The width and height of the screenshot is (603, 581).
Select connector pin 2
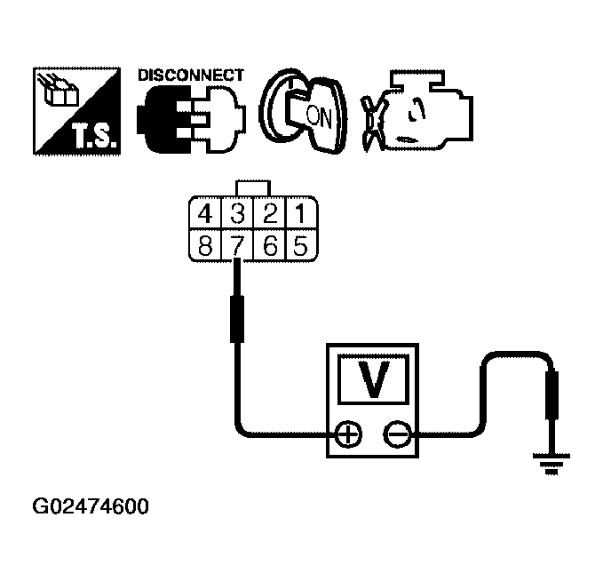pos(270,214)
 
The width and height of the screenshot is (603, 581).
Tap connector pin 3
pos(238,214)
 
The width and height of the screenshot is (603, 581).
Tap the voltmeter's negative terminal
pos(396,434)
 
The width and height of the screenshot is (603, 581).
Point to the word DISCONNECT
pos(190,76)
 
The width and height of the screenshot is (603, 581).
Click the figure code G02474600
pos(91,507)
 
